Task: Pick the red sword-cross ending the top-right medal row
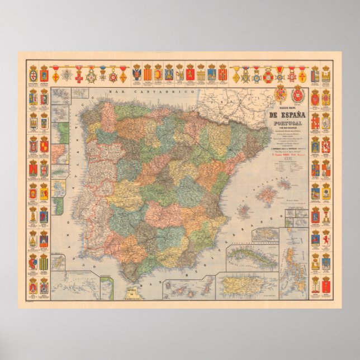[302, 74]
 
